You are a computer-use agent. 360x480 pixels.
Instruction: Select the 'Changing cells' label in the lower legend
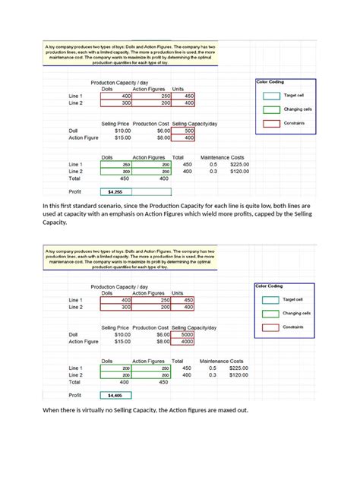297,313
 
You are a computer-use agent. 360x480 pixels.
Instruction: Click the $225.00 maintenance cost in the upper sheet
239,164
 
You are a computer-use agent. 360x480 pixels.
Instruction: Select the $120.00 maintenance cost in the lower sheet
239,375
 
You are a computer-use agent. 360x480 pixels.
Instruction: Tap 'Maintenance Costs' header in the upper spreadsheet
221,156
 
